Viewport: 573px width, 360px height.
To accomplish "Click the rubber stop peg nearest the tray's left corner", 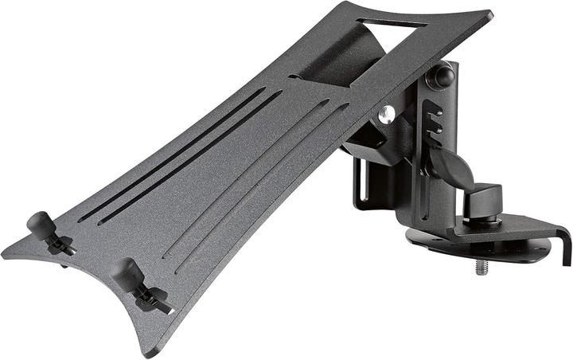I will point(39,224).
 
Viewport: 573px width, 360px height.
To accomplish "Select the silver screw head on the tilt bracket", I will point(387,115).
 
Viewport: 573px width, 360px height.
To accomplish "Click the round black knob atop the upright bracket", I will point(443,77).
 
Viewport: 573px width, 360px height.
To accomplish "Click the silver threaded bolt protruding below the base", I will point(481,266).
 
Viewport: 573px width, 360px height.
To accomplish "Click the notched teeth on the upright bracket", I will point(434,119).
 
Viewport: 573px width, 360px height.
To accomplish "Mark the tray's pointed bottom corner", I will point(148,350).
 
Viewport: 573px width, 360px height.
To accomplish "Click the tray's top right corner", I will point(487,15).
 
